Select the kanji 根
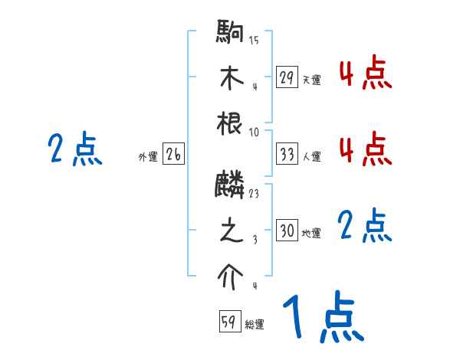[230, 125]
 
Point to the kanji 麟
[230, 185]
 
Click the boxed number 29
[287, 77]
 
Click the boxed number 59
[229, 322]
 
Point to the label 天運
[311, 80]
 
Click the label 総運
[255, 325]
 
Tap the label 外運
[148, 157]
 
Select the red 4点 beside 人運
[365, 149]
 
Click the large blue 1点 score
[321, 317]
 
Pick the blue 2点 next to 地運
[365, 227]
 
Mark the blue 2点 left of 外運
[74, 149]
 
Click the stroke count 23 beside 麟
[253, 194]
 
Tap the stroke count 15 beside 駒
[253, 40]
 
